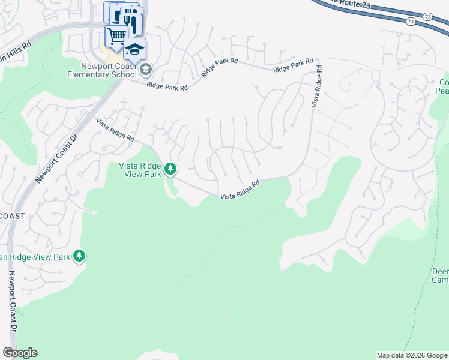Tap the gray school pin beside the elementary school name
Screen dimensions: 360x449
pos(145,70)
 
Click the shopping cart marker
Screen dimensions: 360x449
pos(116,36)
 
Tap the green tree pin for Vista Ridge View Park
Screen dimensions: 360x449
pos(170,169)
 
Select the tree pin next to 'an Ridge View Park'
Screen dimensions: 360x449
pos(79,256)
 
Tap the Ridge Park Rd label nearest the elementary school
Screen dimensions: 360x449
pos(167,86)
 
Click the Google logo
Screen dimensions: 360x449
pos(20,353)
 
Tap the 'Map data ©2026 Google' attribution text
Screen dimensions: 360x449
pos(412,355)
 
